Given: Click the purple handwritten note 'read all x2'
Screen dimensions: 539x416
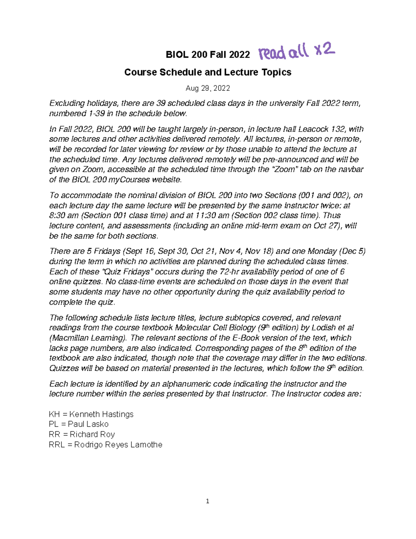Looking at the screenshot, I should [x=296, y=52].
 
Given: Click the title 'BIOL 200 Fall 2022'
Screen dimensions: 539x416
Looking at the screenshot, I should [x=208, y=55].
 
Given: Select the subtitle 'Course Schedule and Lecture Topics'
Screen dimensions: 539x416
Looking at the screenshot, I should [x=208, y=72].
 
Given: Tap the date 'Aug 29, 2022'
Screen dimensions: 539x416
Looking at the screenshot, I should [x=208, y=88].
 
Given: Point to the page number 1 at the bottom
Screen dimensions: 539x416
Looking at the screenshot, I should [x=207, y=501].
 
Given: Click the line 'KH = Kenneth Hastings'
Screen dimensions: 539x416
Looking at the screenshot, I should [x=91, y=414].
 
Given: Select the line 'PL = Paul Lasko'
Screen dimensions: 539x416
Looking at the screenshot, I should [x=79, y=424].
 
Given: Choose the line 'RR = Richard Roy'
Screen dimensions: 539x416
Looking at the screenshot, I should [x=82, y=434].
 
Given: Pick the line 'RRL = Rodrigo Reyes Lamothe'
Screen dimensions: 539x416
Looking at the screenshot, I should [x=105, y=445].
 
